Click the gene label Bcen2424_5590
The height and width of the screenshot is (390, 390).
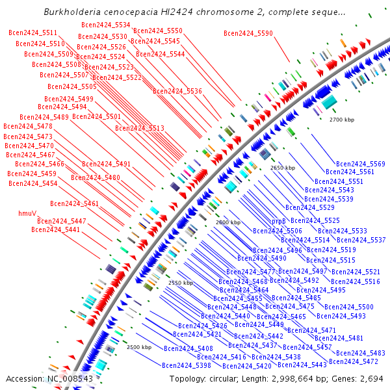pos(248,33)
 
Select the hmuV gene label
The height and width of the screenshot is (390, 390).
pos(27,213)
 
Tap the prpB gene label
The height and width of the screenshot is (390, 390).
pos(279,222)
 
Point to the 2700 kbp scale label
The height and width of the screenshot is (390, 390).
pos(342,120)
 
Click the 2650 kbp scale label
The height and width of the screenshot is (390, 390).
pos(283,168)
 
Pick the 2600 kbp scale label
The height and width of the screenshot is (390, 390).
pos(227,222)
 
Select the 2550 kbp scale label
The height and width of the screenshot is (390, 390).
pos(181,283)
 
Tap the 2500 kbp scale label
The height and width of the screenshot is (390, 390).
pos(139,347)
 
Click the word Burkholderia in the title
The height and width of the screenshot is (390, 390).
pos(71,12)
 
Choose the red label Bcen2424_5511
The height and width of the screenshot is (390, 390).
pos(32,33)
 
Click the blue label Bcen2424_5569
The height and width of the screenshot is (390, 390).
pos(361,164)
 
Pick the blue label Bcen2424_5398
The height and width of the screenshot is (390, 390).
pos(187,366)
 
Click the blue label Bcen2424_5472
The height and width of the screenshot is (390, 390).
pos(354,361)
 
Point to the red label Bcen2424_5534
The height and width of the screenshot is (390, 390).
pos(105,25)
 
